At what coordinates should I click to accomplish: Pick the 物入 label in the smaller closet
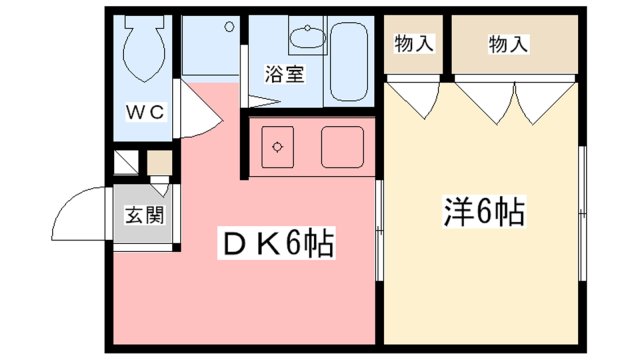413,44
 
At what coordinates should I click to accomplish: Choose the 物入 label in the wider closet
509,44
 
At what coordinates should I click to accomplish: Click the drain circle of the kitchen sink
277,147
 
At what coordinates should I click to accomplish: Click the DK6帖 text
271,242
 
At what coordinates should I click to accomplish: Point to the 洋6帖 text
483,211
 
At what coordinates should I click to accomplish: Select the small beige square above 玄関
159,162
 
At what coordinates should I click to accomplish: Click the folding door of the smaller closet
414,98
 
